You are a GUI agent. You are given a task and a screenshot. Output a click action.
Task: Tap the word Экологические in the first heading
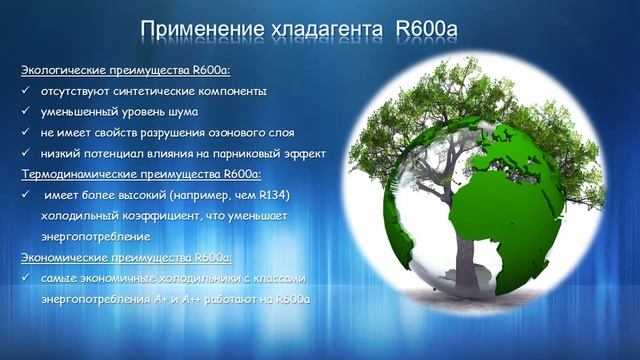63,70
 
